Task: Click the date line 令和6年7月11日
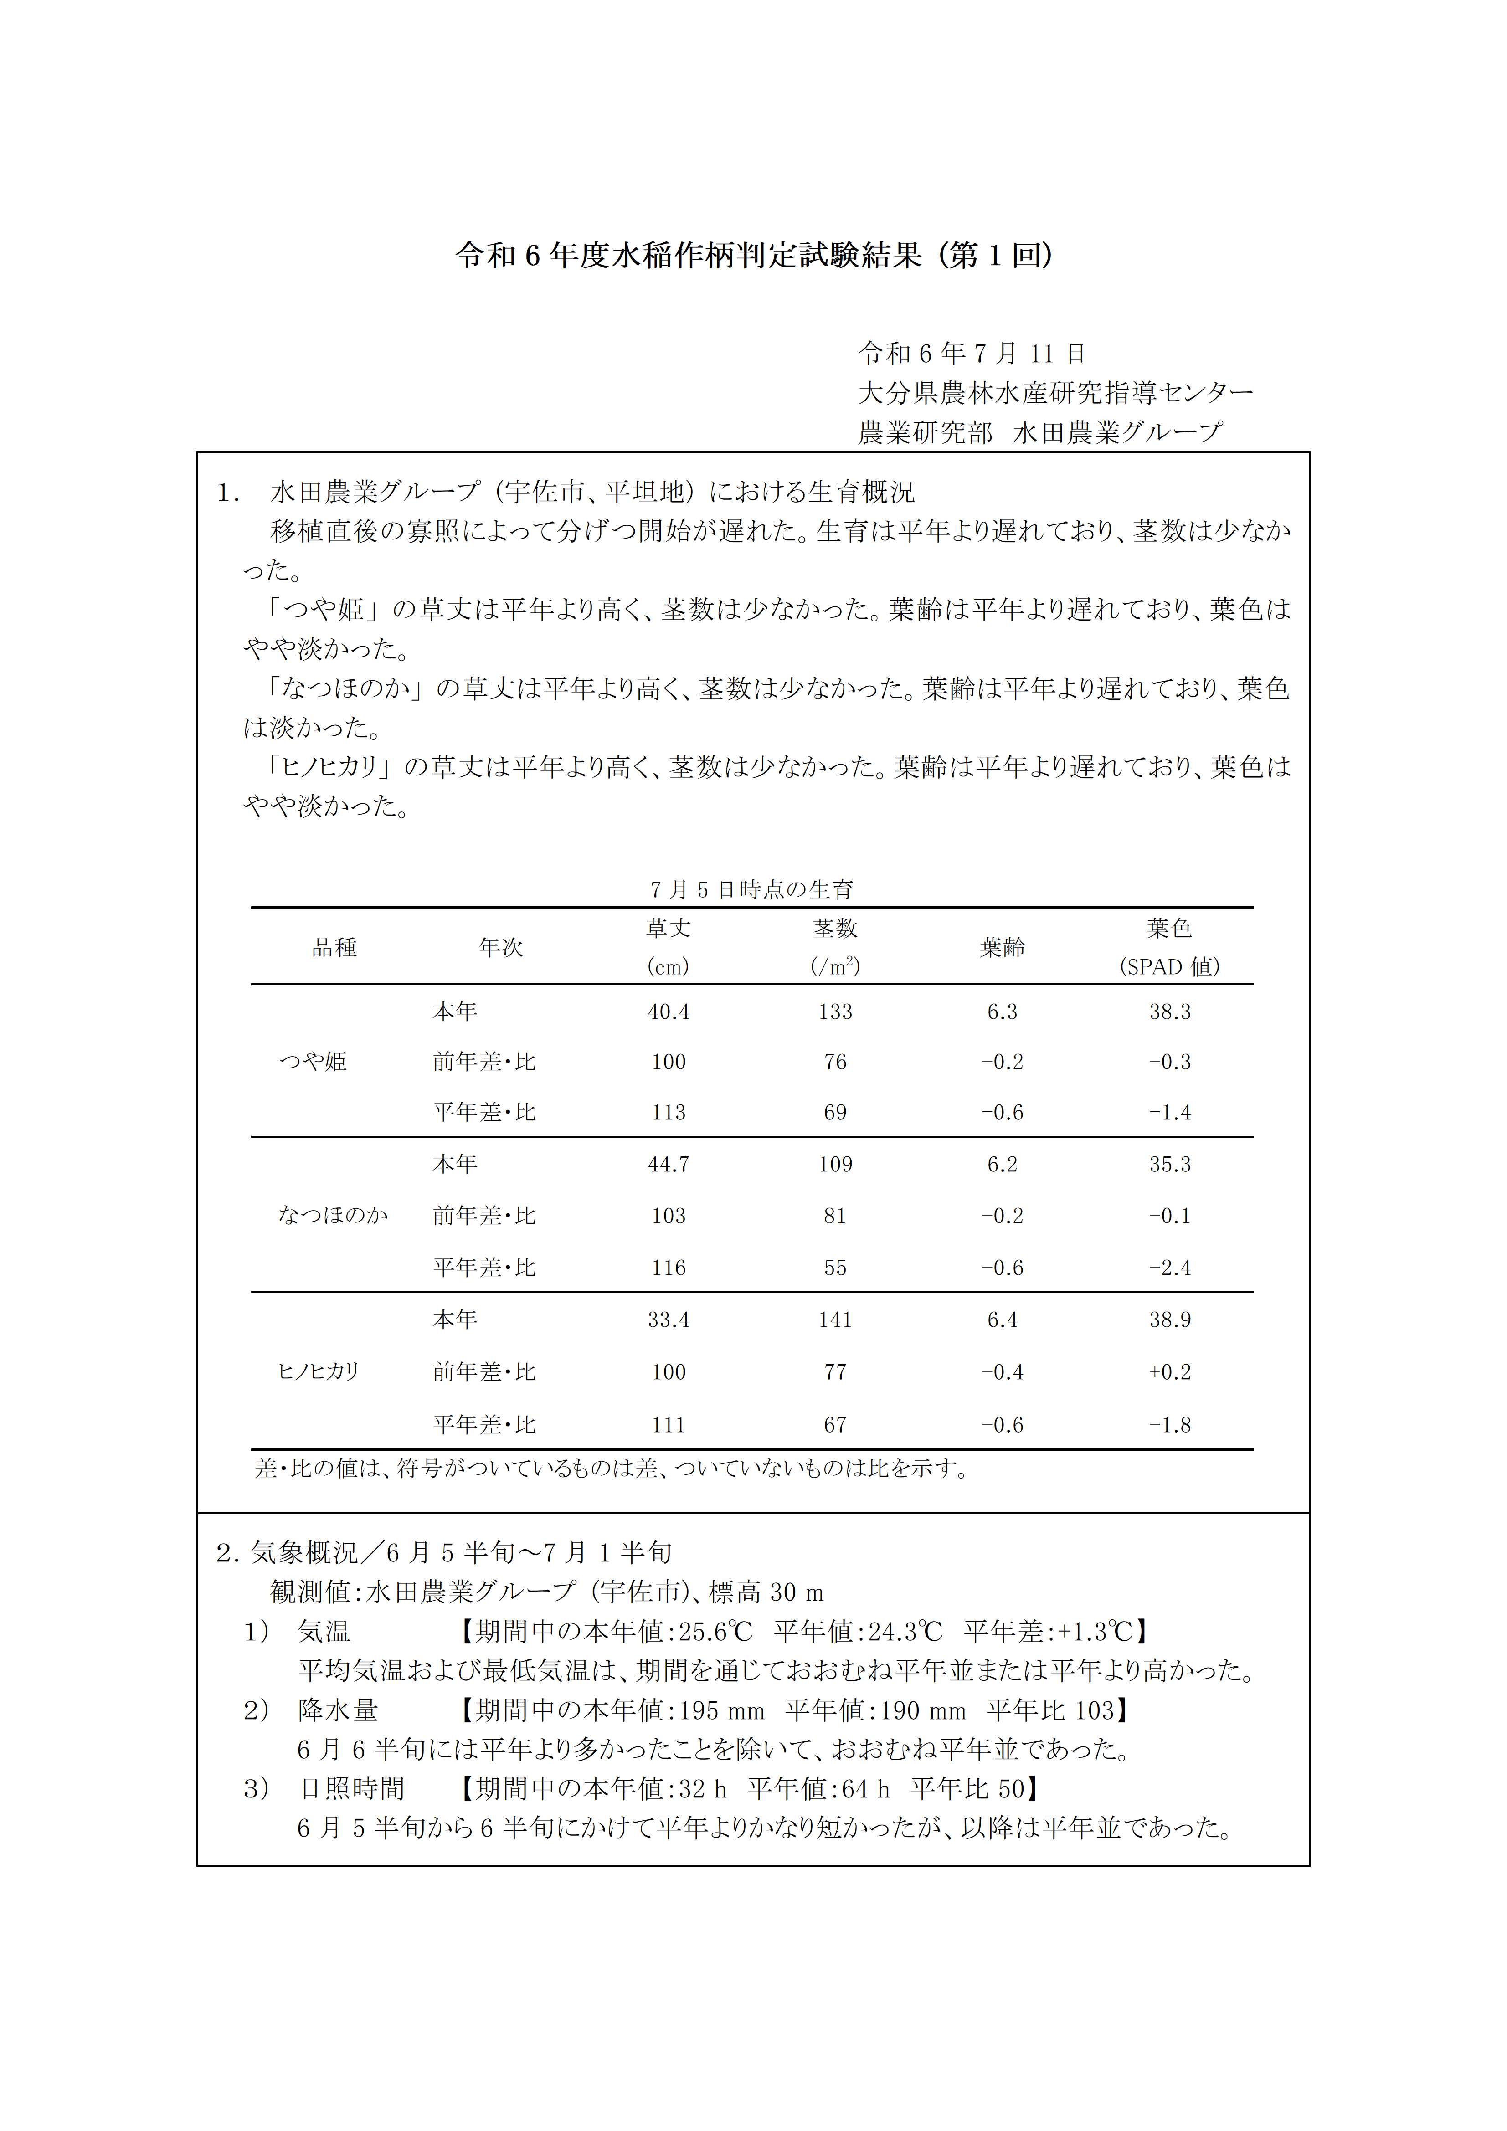(972, 354)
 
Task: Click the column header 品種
(334, 948)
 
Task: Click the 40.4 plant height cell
(669, 1012)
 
